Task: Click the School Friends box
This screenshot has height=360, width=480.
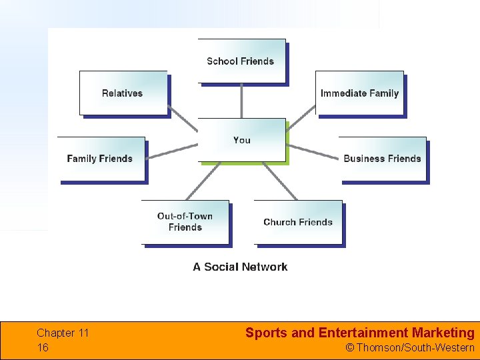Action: coord(241,61)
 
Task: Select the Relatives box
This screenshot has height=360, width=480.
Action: coord(123,93)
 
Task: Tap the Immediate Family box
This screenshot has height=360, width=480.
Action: coord(359,93)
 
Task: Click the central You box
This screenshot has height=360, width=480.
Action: coord(241,140)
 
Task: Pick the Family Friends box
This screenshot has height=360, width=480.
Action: coord(101,159)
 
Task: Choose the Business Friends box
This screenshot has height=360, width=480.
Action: coord(383,159)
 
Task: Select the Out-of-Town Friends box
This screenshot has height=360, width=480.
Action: coord(185,221)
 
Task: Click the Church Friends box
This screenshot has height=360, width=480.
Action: coord(298,222)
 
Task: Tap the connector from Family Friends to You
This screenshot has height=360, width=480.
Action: coord(172,151)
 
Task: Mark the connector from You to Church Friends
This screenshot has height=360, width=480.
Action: coord(279,181)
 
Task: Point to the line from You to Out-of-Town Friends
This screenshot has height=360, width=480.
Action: coord(203,181)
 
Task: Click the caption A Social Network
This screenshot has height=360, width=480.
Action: coord(240,267)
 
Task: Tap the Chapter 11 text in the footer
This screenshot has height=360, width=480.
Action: coord(63,333)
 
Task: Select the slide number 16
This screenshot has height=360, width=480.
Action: coord(43,347)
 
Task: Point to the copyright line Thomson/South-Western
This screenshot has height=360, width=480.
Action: coord(415,347)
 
